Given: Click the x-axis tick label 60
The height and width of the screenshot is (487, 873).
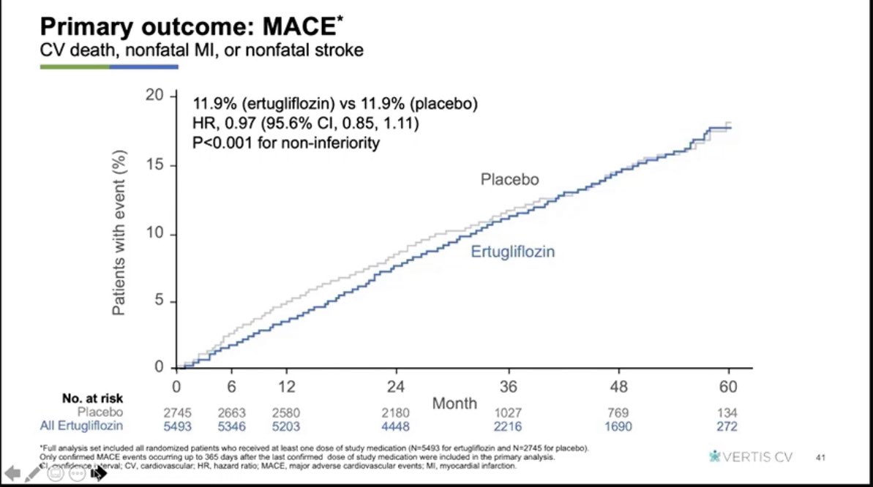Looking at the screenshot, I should pyautogui.click(x=729, y=386).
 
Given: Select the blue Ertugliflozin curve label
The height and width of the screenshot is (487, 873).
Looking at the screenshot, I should pyautogui.click(x=512, y=252).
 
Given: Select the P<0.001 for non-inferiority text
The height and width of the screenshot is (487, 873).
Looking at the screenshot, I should pyautogui.click(x=286, y=143).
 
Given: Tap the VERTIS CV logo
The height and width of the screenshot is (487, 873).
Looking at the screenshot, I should pyautogui.click(x=754, y=457).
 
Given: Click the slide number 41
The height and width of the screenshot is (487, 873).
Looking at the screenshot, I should pyautogui.click(x=820, y=458).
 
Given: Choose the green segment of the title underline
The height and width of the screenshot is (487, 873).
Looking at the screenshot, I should pyautogui.click(x=74, y=67).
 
